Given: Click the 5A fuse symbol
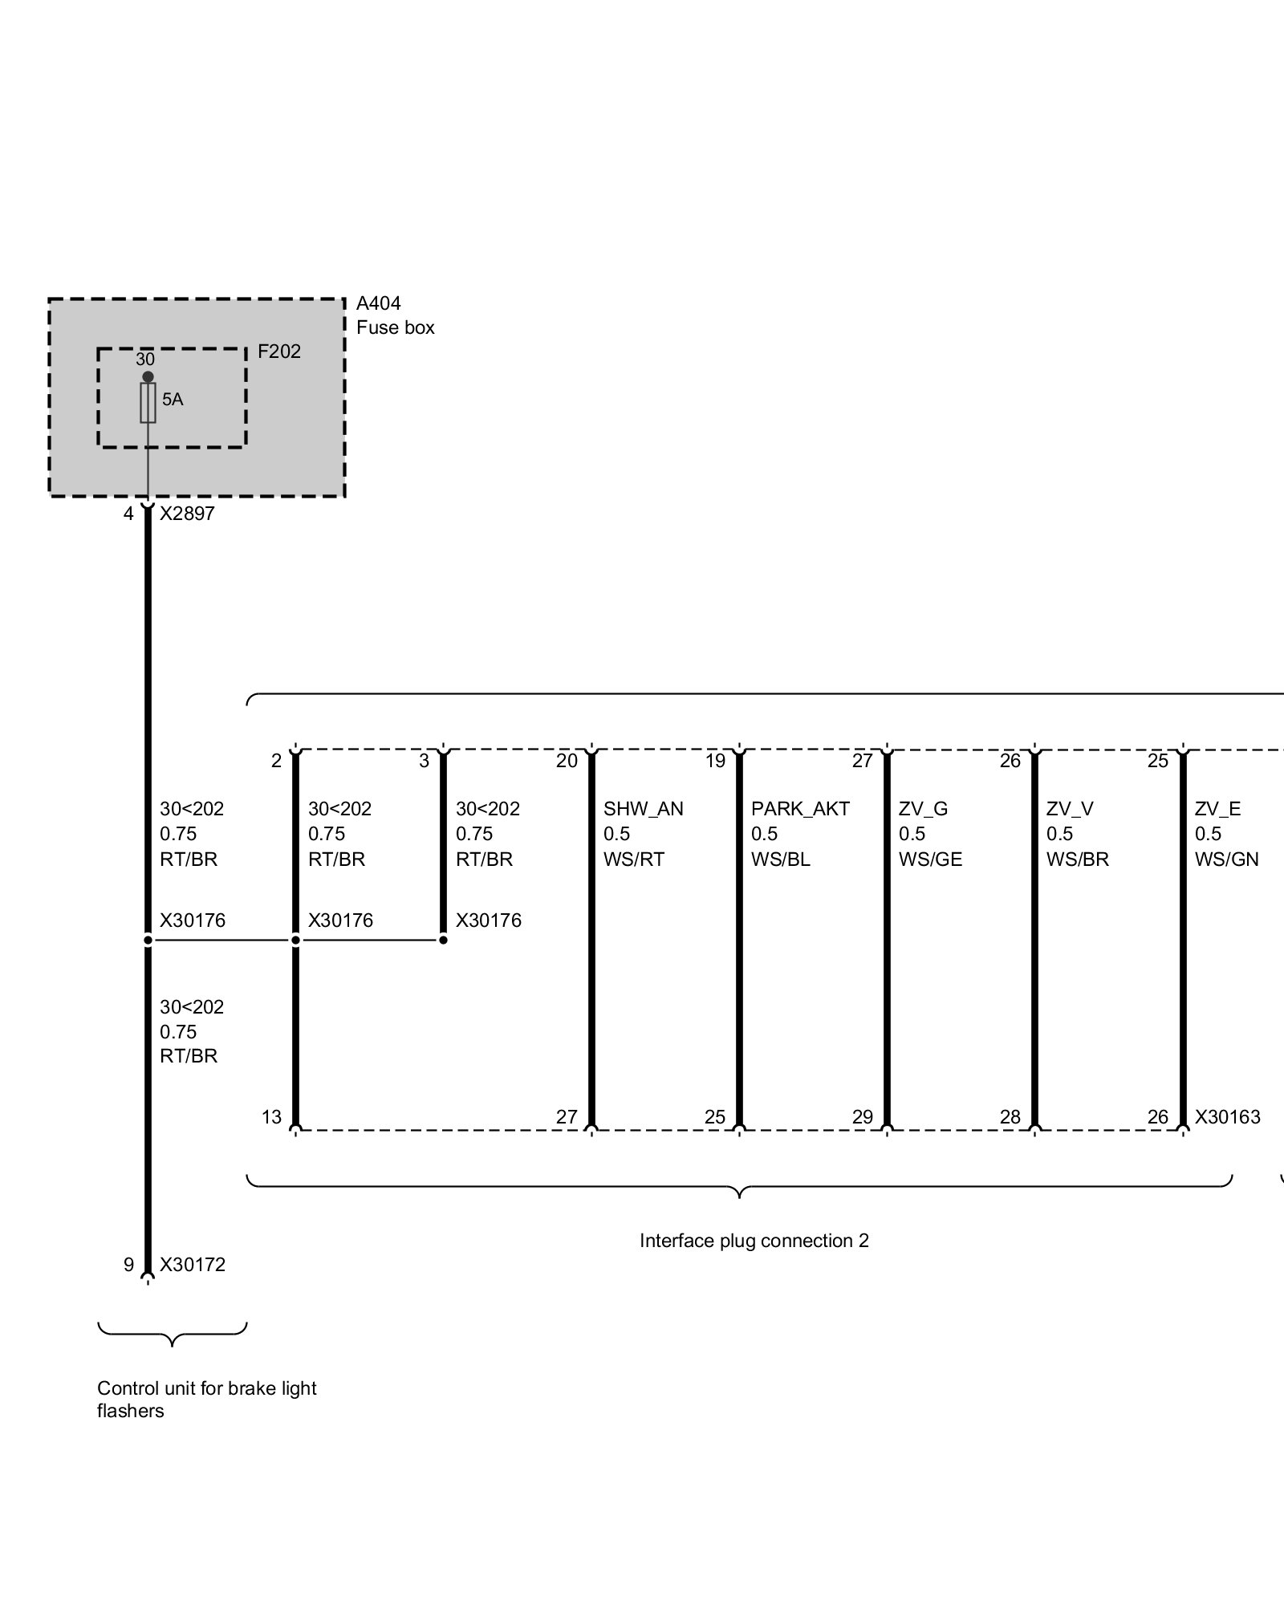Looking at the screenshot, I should coord(148,403).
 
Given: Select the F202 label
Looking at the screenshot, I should coord(278,351).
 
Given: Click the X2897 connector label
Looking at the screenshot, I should coord(187,514).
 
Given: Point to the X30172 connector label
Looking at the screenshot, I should coord(193,1265).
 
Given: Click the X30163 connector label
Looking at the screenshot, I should coord(1227,1116).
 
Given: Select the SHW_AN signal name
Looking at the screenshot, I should coord(643,809).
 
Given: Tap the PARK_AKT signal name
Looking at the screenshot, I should coord(799,809).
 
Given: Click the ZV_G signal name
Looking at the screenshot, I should coord(923,809).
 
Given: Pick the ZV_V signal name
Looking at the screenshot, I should coord(1069,809).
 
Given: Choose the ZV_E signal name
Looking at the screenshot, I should coord(1217,809).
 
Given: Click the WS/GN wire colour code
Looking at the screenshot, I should coord(1226,859).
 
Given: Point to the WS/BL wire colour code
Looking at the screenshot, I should coord(780,859).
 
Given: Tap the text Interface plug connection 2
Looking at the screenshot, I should coord(754,1241).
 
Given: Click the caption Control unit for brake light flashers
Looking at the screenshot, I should coord(206,1400).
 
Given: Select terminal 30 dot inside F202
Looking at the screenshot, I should coord(148,376).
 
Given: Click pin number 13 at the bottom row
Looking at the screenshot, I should coord(271,1116).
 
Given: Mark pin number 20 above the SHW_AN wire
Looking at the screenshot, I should coord(567,761).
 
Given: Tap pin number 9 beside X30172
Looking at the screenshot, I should coord(128,1265).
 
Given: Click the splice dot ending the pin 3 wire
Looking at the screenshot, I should coord(443,940).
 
